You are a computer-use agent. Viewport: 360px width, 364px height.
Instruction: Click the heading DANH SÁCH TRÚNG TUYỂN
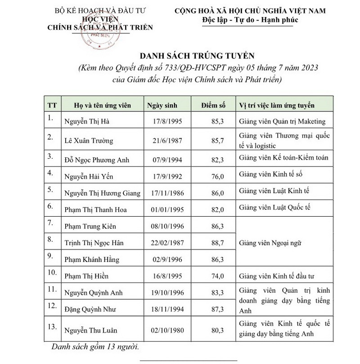pyautogui.click(x=198, y=56)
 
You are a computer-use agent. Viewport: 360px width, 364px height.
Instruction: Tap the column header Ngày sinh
pyautogui.click(x=162, y=106)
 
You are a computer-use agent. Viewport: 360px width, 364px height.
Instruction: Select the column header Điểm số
pyautogui.click(x=213, y=106)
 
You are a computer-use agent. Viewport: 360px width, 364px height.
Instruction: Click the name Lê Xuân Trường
pyautogui.click(x=89, y=141)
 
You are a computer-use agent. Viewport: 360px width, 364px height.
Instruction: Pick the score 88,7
pyautogui.click(x=217, y=243)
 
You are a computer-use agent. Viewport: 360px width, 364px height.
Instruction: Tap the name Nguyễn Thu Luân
pyautogui.click(x=91, y=330)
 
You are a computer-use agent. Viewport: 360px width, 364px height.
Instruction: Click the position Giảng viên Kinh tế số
pyautogui.click(x=268, y=173)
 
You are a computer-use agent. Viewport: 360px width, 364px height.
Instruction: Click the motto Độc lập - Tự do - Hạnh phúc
pyautogui.click(x=250, y=20)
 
